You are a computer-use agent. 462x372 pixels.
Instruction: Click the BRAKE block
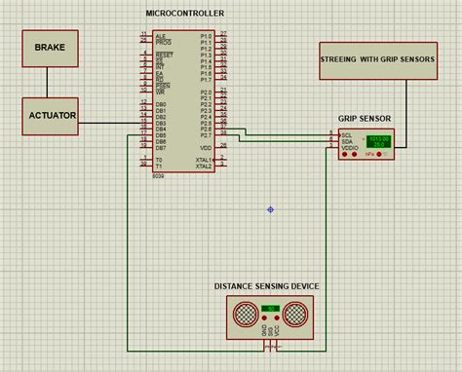(x=51, y=47)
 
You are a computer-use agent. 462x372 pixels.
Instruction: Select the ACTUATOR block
(x=51, y=115)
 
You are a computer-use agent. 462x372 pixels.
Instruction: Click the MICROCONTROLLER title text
(x=184, y=14)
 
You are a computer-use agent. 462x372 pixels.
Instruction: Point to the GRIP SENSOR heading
(x=365, y=119)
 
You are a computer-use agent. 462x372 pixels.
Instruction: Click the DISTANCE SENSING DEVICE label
(x=266, y=285)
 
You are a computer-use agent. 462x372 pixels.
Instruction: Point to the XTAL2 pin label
(x=203, y=166)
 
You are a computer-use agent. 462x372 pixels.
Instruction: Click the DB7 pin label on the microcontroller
(x=160, y=147)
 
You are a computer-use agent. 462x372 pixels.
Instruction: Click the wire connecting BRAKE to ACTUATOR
(x=46, y=81)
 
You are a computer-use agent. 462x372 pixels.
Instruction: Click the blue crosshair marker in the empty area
(x=271, y=209)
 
